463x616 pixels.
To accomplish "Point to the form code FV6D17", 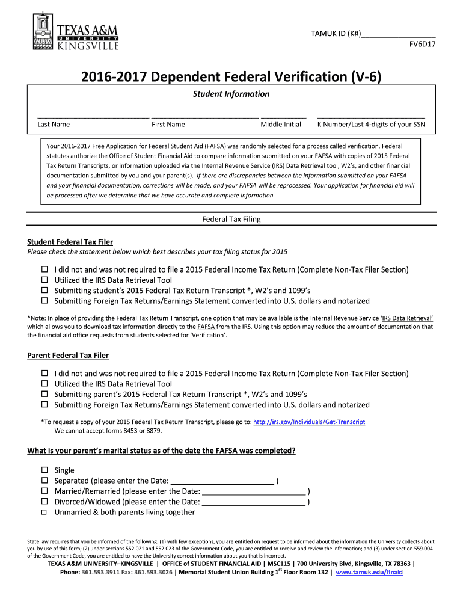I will tap(422, 45).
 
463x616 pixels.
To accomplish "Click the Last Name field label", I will tap(54, 125).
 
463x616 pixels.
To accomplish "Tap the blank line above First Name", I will tap(204, 117).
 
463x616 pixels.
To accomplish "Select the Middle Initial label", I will tap(281, 125).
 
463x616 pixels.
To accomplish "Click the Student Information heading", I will tap(231, 94).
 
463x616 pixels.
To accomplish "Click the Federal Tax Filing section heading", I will tap(231, 219).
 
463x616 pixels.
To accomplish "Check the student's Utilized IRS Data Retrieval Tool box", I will tap(44, 280).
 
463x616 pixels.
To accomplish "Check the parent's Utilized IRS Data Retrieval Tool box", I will tap(44, 384).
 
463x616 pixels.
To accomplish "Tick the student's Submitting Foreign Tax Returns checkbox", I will tap(44, 301).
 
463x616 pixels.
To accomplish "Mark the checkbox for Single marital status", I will tap(44, 470).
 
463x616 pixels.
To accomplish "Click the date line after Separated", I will tap(222, 481).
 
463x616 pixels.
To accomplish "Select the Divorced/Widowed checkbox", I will tap(44, 502).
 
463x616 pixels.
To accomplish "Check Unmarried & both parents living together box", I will tap(44, 513).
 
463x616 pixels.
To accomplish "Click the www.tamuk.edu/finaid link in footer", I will tap(369, 573).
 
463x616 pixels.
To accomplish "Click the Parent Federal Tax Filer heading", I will tap(68, 356).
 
